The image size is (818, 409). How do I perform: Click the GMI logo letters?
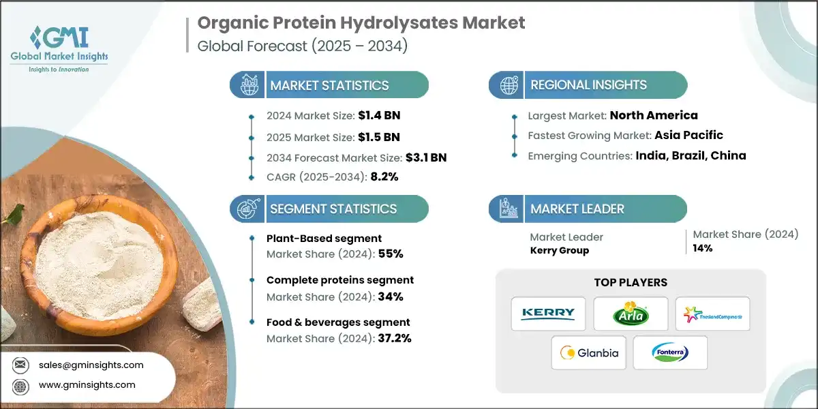tap(59, 37)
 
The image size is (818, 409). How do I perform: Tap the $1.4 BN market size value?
tap(379, 115)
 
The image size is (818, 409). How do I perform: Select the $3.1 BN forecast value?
tap(426, 157)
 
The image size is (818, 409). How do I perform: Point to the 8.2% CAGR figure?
tap(384, 177)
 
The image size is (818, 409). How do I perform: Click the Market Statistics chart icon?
tap(249, 85)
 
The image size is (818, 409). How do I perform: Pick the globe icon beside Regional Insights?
tap(509, 85)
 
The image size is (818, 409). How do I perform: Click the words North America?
tap(654, 115)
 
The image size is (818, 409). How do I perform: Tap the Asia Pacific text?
tap(688, 135)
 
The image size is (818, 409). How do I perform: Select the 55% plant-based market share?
tap(391, 254)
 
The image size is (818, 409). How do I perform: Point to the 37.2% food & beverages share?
tap(395, 338)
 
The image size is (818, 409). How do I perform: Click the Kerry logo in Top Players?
tap(548, 314)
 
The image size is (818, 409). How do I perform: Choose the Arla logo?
tap(631, 314)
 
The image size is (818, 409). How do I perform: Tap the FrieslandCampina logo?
tap(712, 314)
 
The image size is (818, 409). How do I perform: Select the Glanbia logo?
tap(589, 353)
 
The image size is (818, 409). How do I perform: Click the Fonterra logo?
tap(670, 352)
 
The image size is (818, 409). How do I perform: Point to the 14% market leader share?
tap(703, 248)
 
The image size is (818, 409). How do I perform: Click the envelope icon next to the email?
tap(20, 365)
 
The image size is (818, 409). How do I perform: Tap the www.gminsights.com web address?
tap(87, 385)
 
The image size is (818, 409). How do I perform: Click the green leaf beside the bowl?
tap(14, 213)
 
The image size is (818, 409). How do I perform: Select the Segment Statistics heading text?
tap(333, 209)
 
